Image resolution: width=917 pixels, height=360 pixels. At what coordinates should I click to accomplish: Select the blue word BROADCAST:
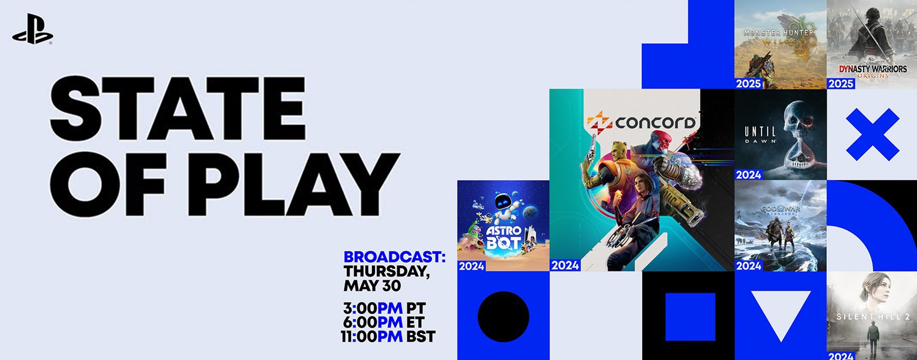(x=394, y=257)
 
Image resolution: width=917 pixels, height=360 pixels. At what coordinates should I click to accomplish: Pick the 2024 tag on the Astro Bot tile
(x=471, y=266)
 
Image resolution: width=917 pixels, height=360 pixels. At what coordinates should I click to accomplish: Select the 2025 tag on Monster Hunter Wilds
(x=748, y=84)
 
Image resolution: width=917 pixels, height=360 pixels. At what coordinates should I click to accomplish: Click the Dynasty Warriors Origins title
(x=872, y=71)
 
